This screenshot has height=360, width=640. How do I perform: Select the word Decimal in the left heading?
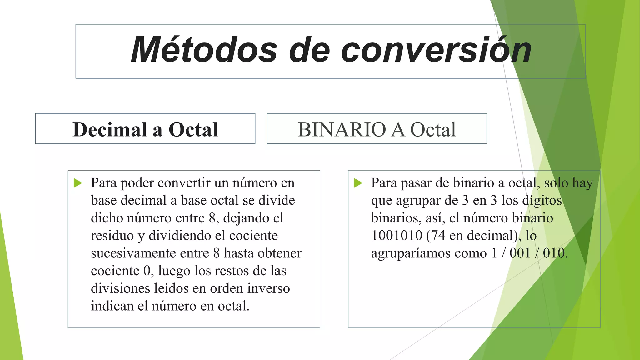tap(110, 129)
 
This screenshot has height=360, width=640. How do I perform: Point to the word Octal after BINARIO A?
tap(433, 129)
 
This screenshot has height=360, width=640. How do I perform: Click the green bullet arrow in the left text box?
tap(78, 183)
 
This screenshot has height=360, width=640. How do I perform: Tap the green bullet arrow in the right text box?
tap(358, 183)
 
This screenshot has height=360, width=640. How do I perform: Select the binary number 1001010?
tap(397, 236)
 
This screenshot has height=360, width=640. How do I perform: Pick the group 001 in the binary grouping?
tap(520, 253)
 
